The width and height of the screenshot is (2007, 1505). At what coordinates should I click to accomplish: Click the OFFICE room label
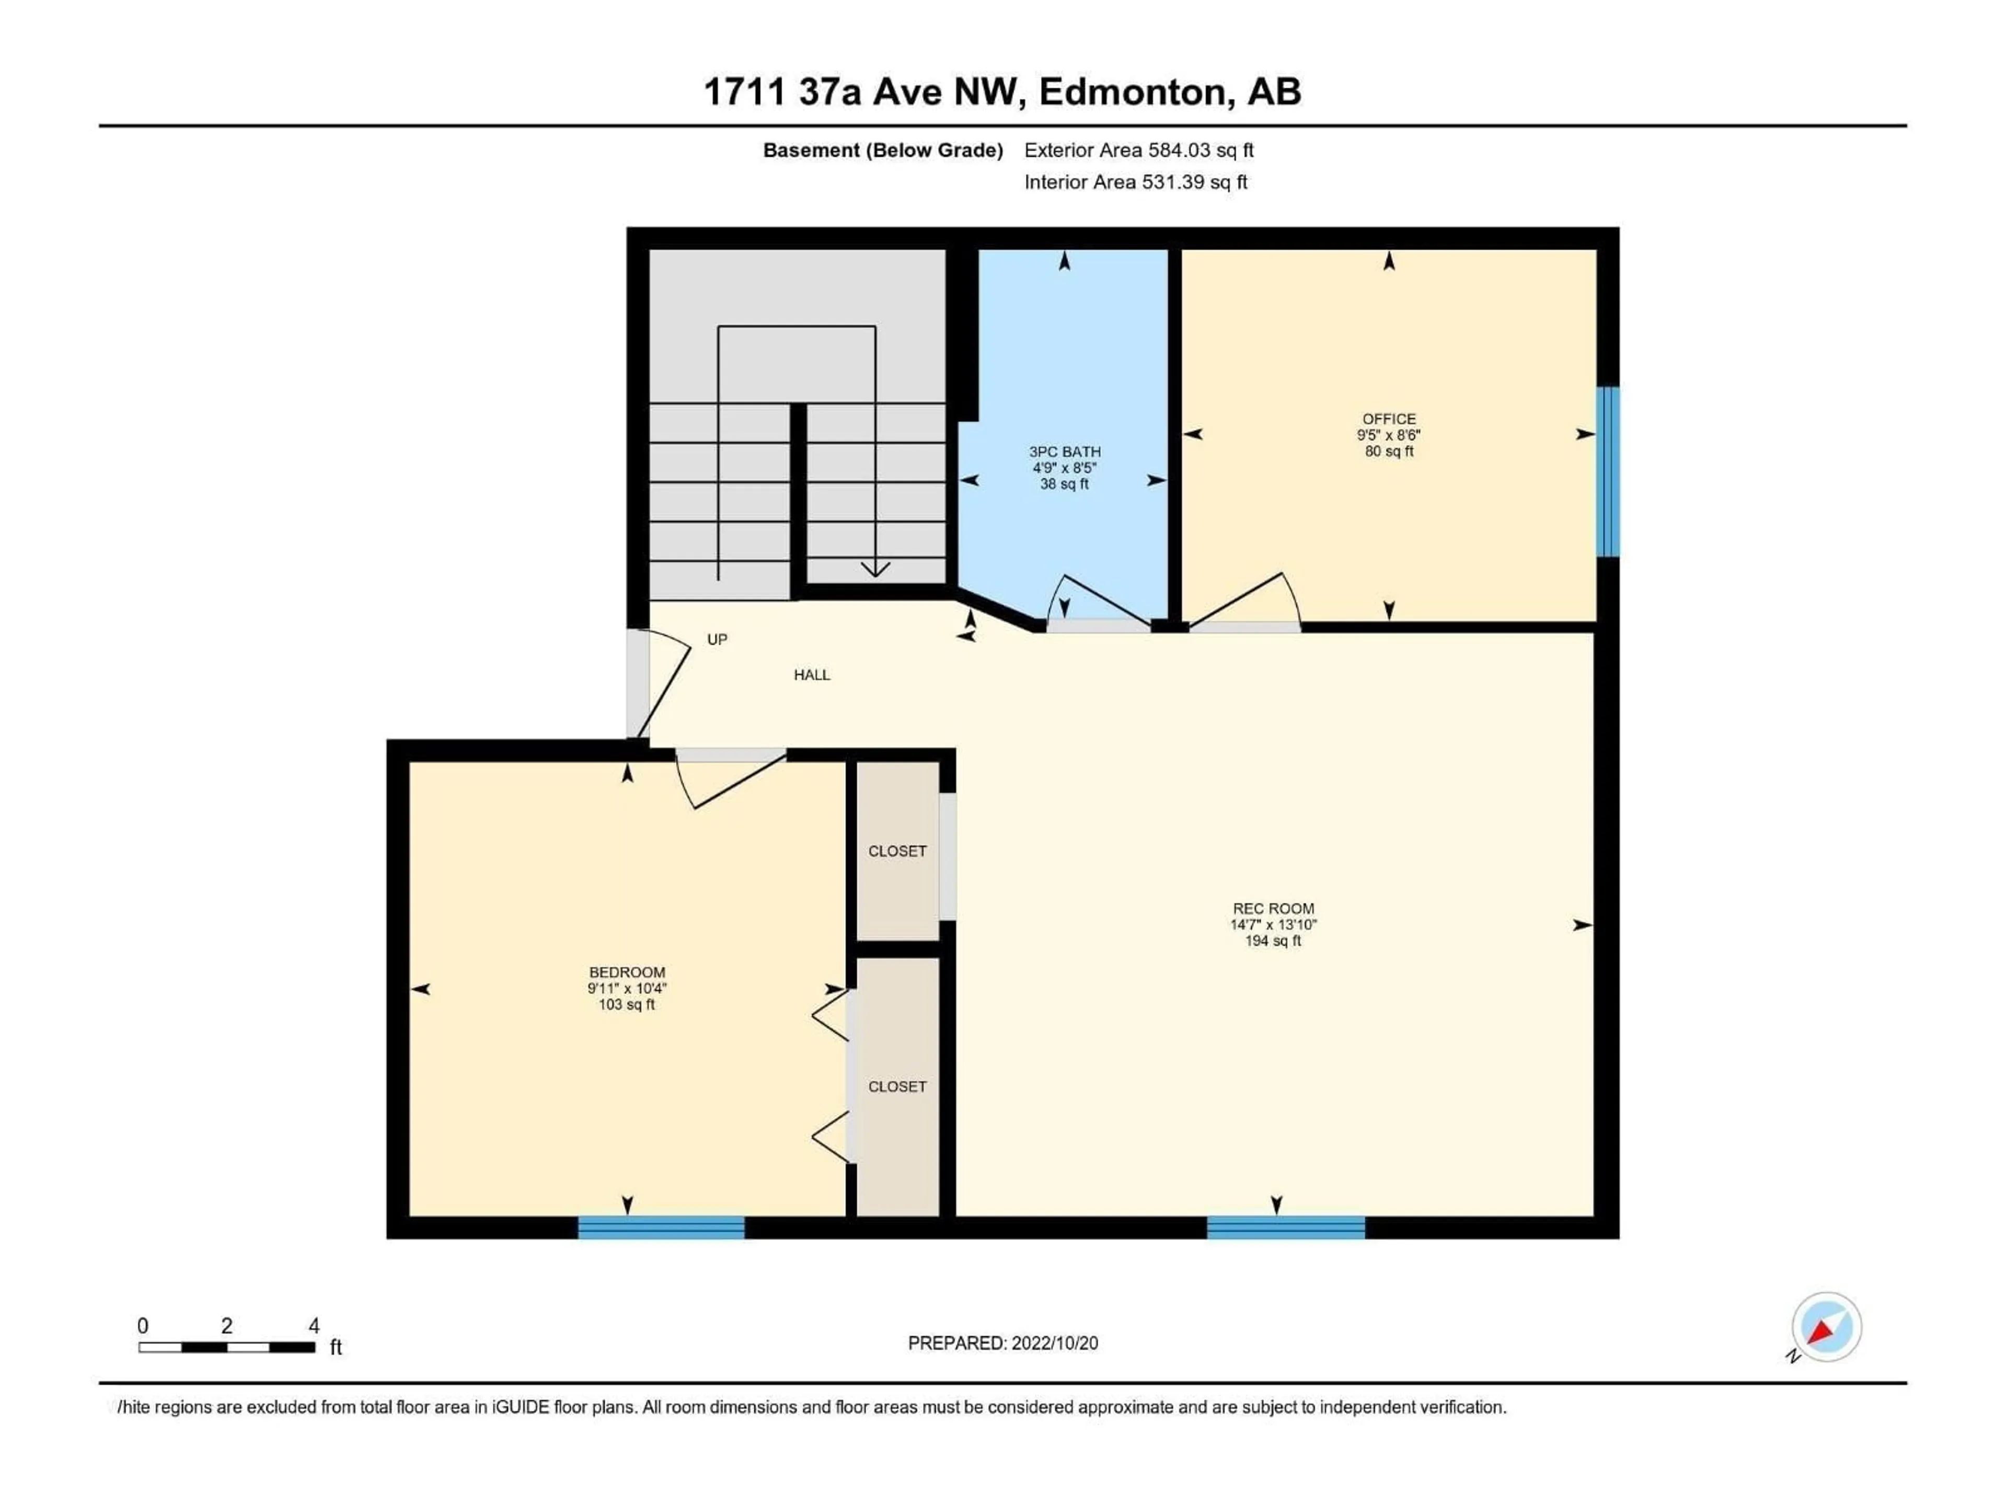(x=1388, y=418)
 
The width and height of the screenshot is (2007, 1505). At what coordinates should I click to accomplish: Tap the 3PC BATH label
(x=1064, y=451)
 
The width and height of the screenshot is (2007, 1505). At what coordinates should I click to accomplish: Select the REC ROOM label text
(x=1273, y=908)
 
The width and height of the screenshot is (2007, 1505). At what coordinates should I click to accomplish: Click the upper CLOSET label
(x=896, y=851)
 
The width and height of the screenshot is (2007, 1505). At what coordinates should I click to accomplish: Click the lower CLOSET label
(x=896, y=1086)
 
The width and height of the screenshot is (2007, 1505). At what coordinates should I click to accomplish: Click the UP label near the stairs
(x=717, y=640)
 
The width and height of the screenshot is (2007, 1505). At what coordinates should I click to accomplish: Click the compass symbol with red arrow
(x=1826, y=1327)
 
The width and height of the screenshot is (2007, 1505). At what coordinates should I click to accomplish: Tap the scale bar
(x=227, y=1347)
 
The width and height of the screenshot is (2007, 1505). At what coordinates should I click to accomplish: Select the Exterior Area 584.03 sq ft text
(x=1139, y=150)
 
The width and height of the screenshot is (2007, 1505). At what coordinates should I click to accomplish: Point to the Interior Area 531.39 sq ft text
(x=1135, y=182)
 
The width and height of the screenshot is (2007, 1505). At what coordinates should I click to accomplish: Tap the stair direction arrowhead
(x=874, y=570)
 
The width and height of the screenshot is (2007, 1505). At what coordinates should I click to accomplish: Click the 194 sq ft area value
(x=1273, y=941)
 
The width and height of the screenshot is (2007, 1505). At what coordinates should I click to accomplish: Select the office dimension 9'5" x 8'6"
(x=1388, y=435)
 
